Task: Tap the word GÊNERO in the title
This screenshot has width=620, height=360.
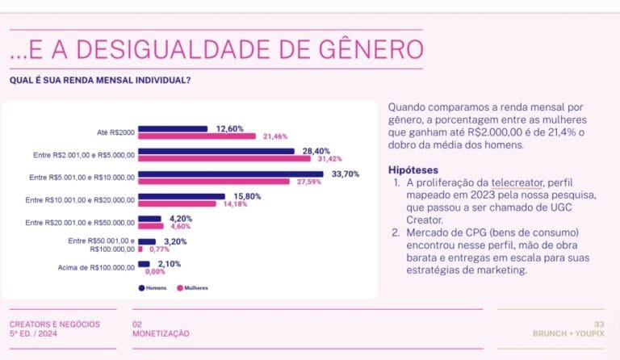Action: [x=354, y=49]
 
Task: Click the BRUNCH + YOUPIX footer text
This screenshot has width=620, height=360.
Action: [x=568, y=333]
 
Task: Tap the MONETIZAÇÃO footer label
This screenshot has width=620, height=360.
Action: [x=161, y=333]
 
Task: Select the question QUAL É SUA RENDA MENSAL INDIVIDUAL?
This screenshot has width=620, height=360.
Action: [x=100, y=80]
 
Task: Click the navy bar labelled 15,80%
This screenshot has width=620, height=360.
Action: [x=182, y=196]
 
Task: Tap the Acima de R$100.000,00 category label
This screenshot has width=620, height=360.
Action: [x=96, y=268]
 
